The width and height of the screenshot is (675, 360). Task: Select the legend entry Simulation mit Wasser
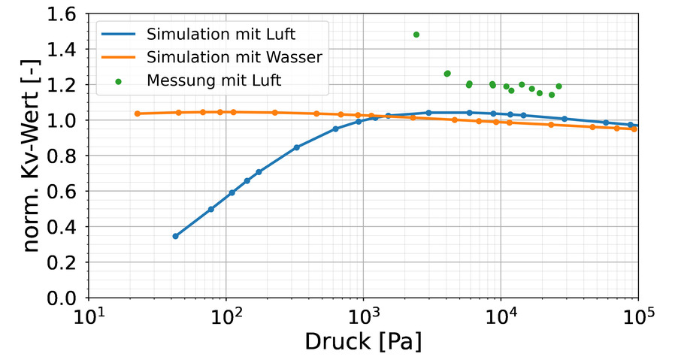coord(235,57)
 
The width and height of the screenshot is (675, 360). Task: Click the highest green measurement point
coord(416,35)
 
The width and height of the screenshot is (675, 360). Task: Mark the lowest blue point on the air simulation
coord(175,236)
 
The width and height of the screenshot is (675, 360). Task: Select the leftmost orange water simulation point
coord(138,113)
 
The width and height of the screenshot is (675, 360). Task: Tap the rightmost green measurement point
coord(558,86)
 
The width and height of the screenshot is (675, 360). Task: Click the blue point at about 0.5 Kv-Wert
coord(211,209)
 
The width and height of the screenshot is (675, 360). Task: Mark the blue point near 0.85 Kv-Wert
coord(297,147)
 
